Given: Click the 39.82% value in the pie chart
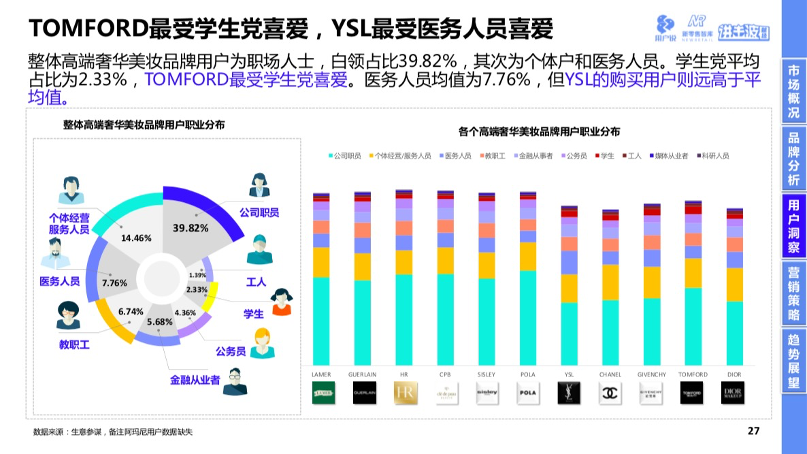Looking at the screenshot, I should coord(191,228).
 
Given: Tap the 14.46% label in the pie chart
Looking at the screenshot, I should coord(136,238).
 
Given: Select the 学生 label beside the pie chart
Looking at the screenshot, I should coord(253,314).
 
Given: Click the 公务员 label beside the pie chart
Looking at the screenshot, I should coord(231,351).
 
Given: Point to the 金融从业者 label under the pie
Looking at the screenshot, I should coord(195,380).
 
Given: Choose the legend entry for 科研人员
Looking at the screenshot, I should coord(712,156).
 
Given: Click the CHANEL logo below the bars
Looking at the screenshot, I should coord(610,393).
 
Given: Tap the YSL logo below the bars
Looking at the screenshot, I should coord(569,393).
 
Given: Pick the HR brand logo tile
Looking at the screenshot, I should coord(405,393).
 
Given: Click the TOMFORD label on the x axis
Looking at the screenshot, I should coord(693,374).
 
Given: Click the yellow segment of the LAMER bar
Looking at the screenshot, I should coord(322,262).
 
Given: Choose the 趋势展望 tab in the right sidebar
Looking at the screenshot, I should coord(793,361).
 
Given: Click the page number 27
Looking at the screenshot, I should coord(753,431).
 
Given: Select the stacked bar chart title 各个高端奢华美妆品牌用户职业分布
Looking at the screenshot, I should coord(539,131).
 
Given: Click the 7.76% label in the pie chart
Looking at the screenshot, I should coord(114,282).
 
